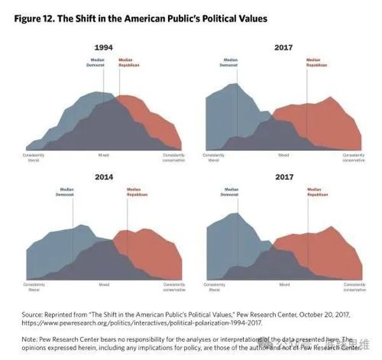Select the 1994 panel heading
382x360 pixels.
click(x=104, y=48)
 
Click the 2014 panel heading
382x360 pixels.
click(x=104, y=177)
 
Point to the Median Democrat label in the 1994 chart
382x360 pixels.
click(x=96, y=63)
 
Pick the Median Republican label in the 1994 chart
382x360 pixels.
click(x=129, y=63)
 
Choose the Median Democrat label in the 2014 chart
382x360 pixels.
click(x=68, y=191)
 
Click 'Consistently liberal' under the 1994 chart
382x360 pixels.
click(x=34, y=157)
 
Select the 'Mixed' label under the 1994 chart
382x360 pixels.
click(x=104, y=155)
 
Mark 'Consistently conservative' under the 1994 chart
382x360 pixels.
click(x=174, y=157)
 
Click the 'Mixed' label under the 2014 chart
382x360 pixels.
click(x=104, y=284)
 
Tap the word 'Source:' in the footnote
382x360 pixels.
click(x=32, y=315)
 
